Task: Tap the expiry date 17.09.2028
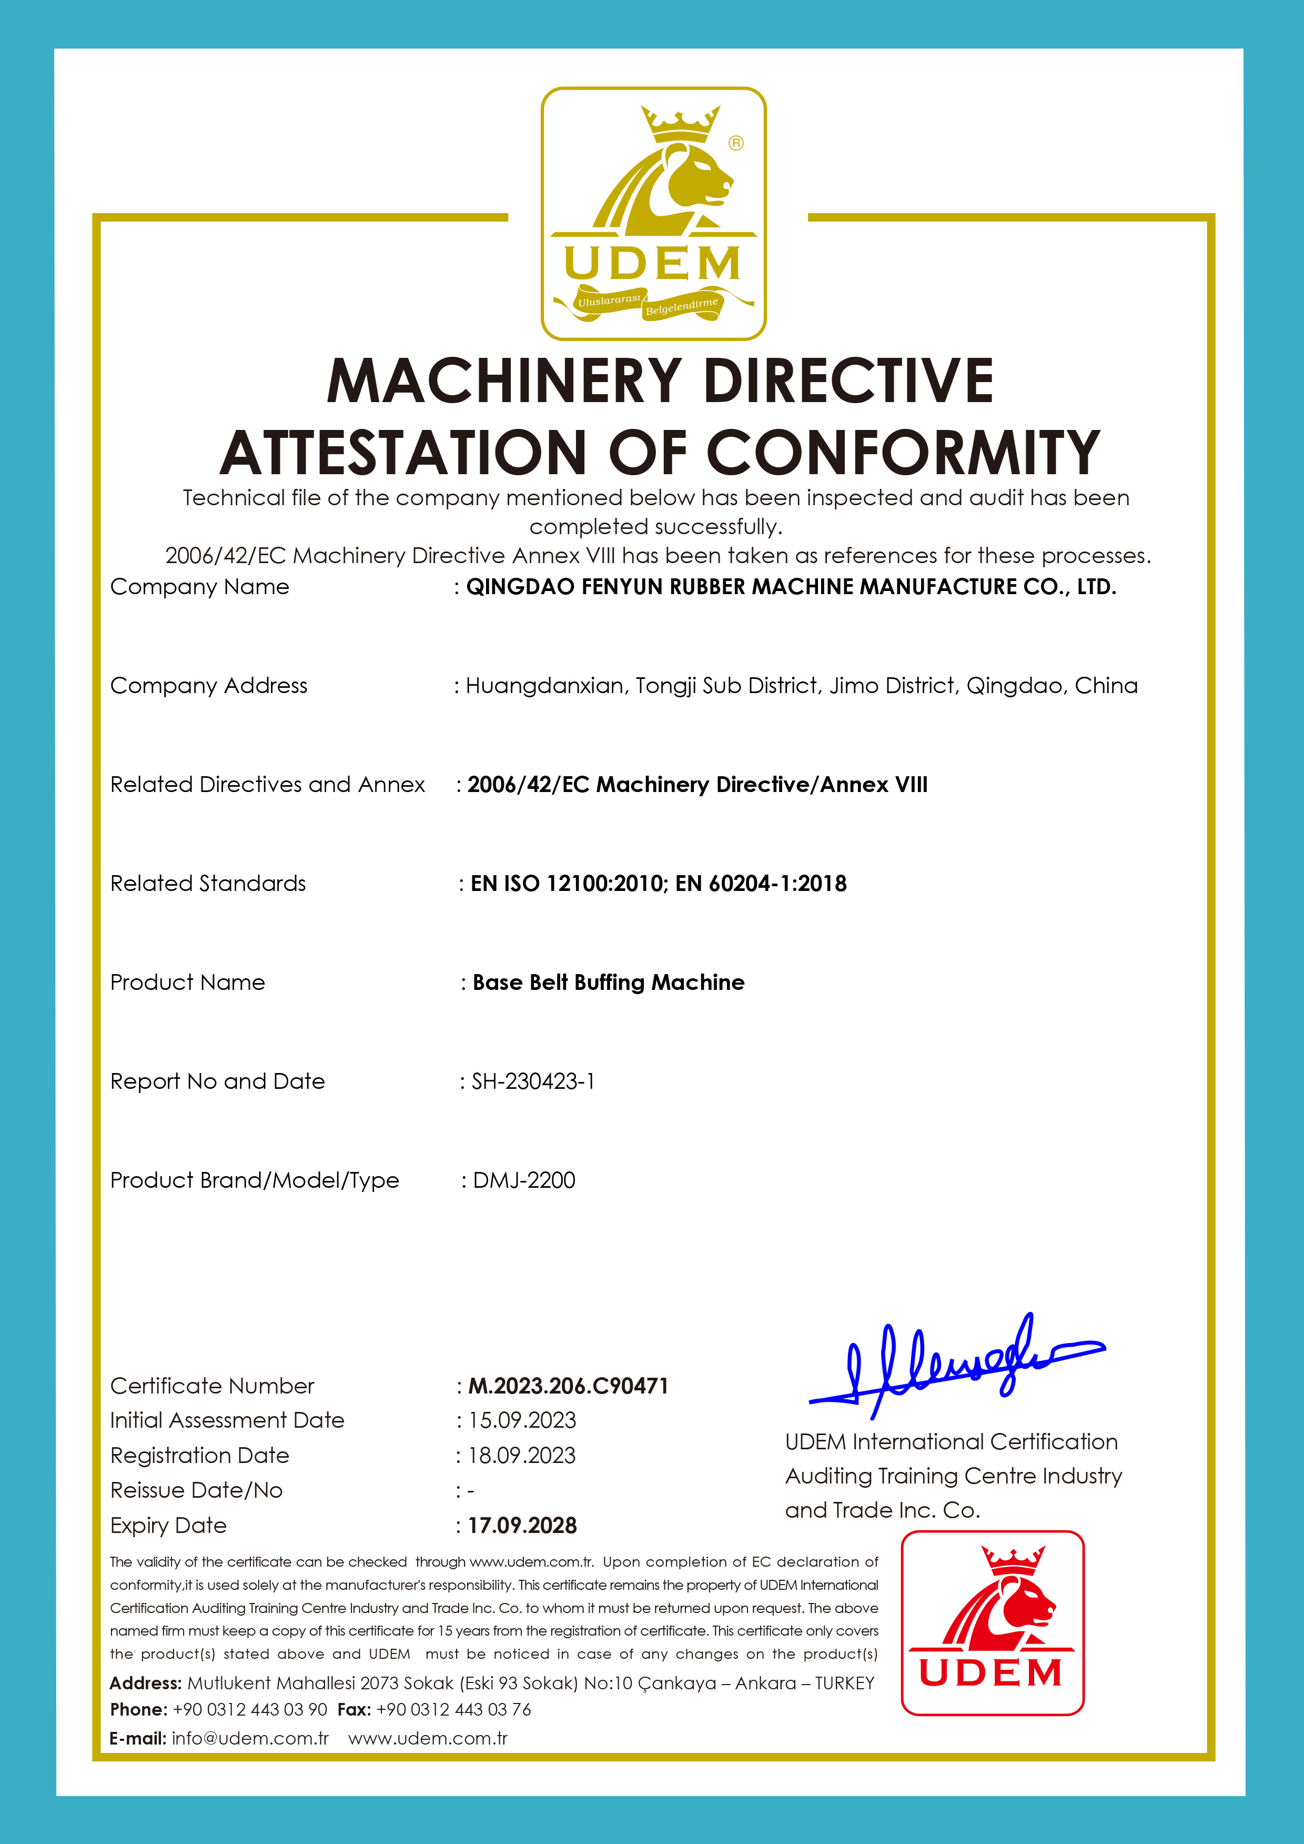[522, 1525]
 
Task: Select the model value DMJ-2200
[523, 1180]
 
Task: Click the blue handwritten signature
[956, 1365]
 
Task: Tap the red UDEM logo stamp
[993, 1622]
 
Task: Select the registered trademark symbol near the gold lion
[735, 143]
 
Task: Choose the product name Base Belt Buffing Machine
[608, 982]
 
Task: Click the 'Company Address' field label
[209, 685]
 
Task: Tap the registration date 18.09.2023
[522, 1455]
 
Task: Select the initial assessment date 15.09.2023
[522, 1420]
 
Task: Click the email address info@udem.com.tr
[250, 1738]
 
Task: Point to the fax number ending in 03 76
[453, 1709]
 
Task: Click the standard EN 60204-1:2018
[761, 884]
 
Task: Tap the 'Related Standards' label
[208, 884]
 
